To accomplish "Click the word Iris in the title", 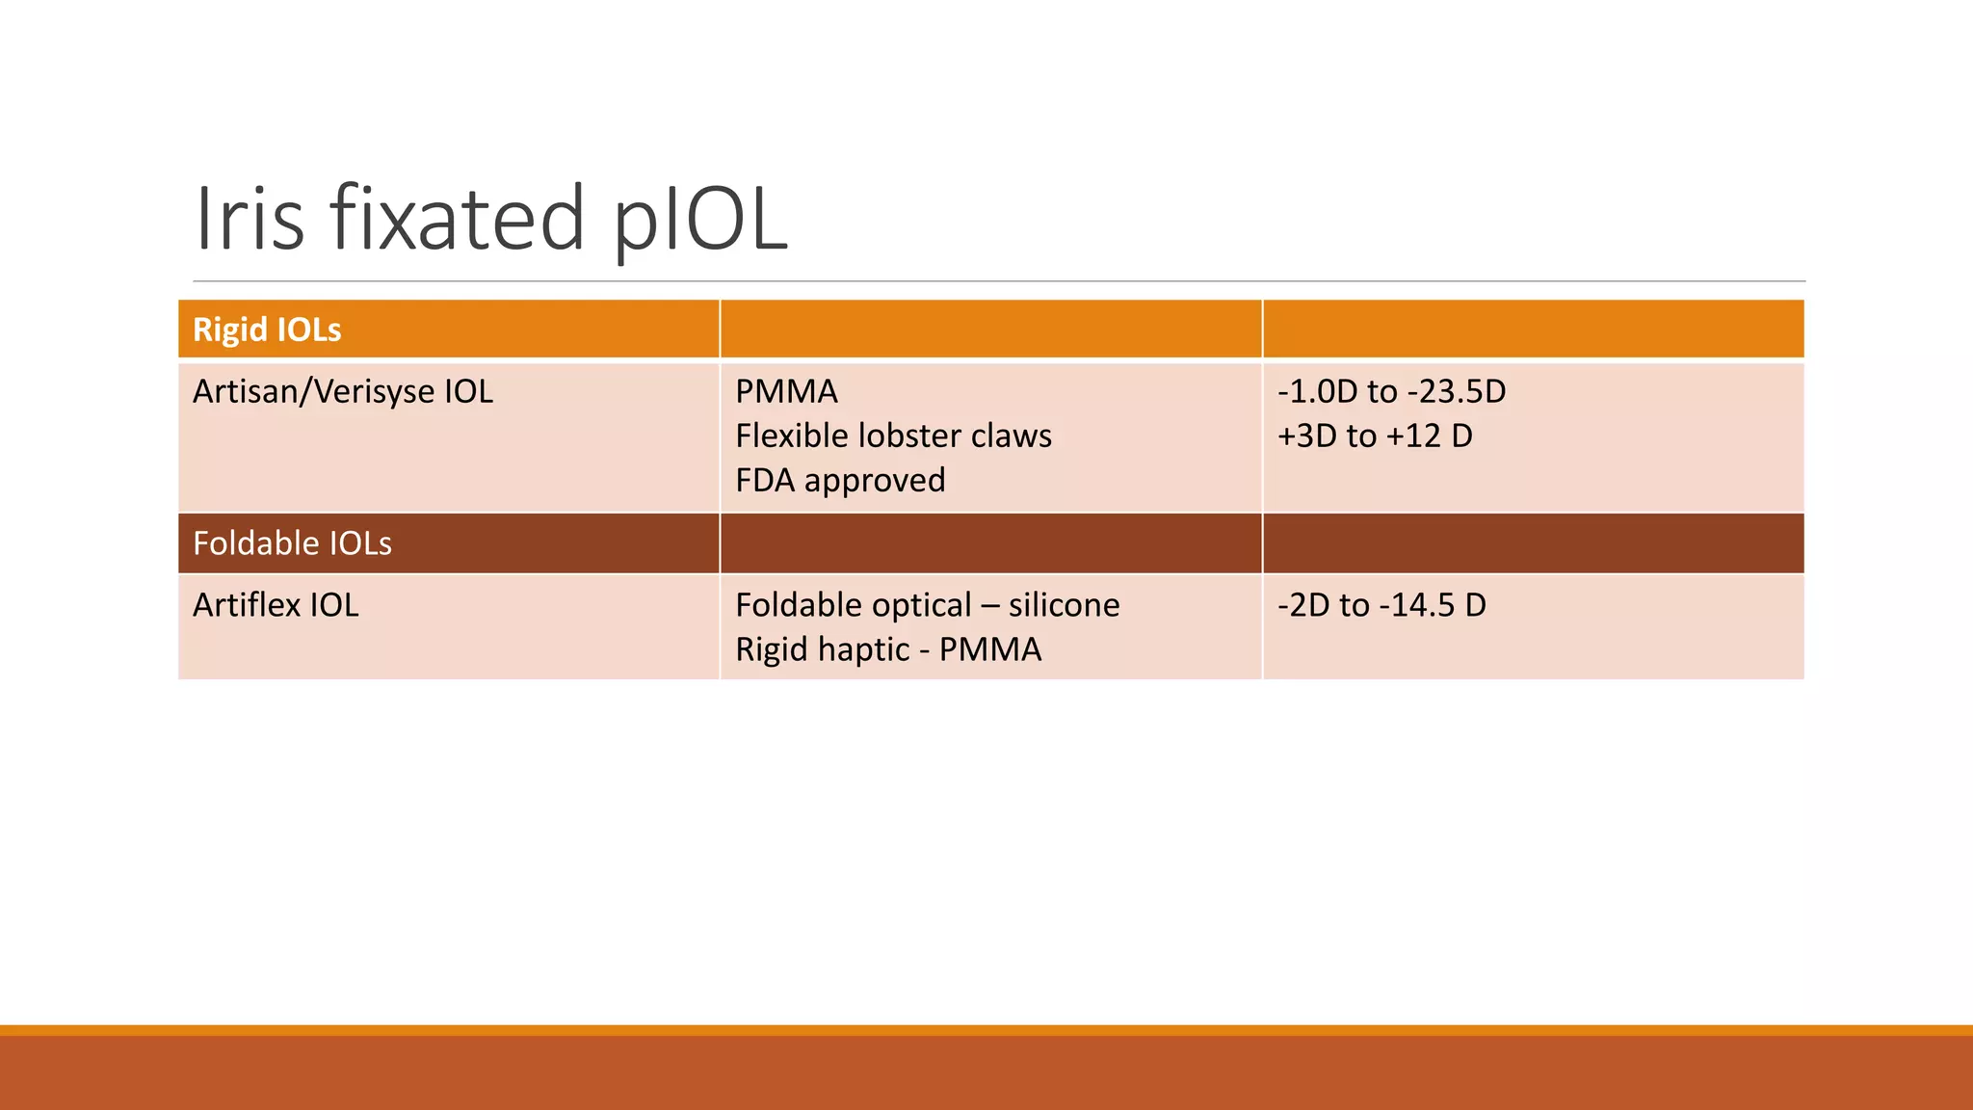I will point(250,219).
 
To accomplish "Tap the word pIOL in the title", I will point(700,219).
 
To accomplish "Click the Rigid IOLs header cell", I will point(267,330).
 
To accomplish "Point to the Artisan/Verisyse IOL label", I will point(342,391).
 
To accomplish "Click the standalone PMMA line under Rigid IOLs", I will point(786,391).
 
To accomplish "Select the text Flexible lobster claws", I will point(893,436).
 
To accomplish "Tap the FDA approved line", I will point(840,480).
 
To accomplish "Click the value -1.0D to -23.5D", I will point(1391,391).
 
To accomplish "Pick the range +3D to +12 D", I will point(1375,436).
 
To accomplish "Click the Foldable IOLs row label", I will point(292,543).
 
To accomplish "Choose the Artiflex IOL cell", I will point(276,605).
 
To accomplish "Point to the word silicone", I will point(1065,605).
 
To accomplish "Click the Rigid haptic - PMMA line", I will point(888,649).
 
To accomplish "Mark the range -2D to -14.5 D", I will point(1381,605).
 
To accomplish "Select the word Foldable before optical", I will point(799,605).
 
